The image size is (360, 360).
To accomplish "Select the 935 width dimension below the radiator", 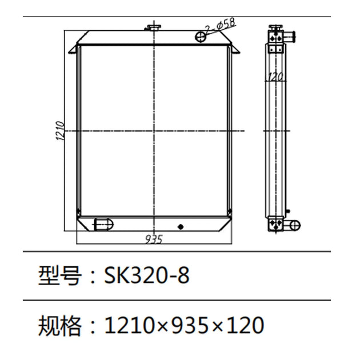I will click(154, 239).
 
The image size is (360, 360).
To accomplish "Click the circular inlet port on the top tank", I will click(202, 37).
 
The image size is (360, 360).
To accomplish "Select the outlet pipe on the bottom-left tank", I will click(103, 223).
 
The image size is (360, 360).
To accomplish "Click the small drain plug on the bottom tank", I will click(181, 226).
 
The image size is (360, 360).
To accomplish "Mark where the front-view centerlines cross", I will click(154, 131).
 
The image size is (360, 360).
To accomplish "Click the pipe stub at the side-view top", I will click(291, 38).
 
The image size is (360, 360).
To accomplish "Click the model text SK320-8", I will click(146, 276).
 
